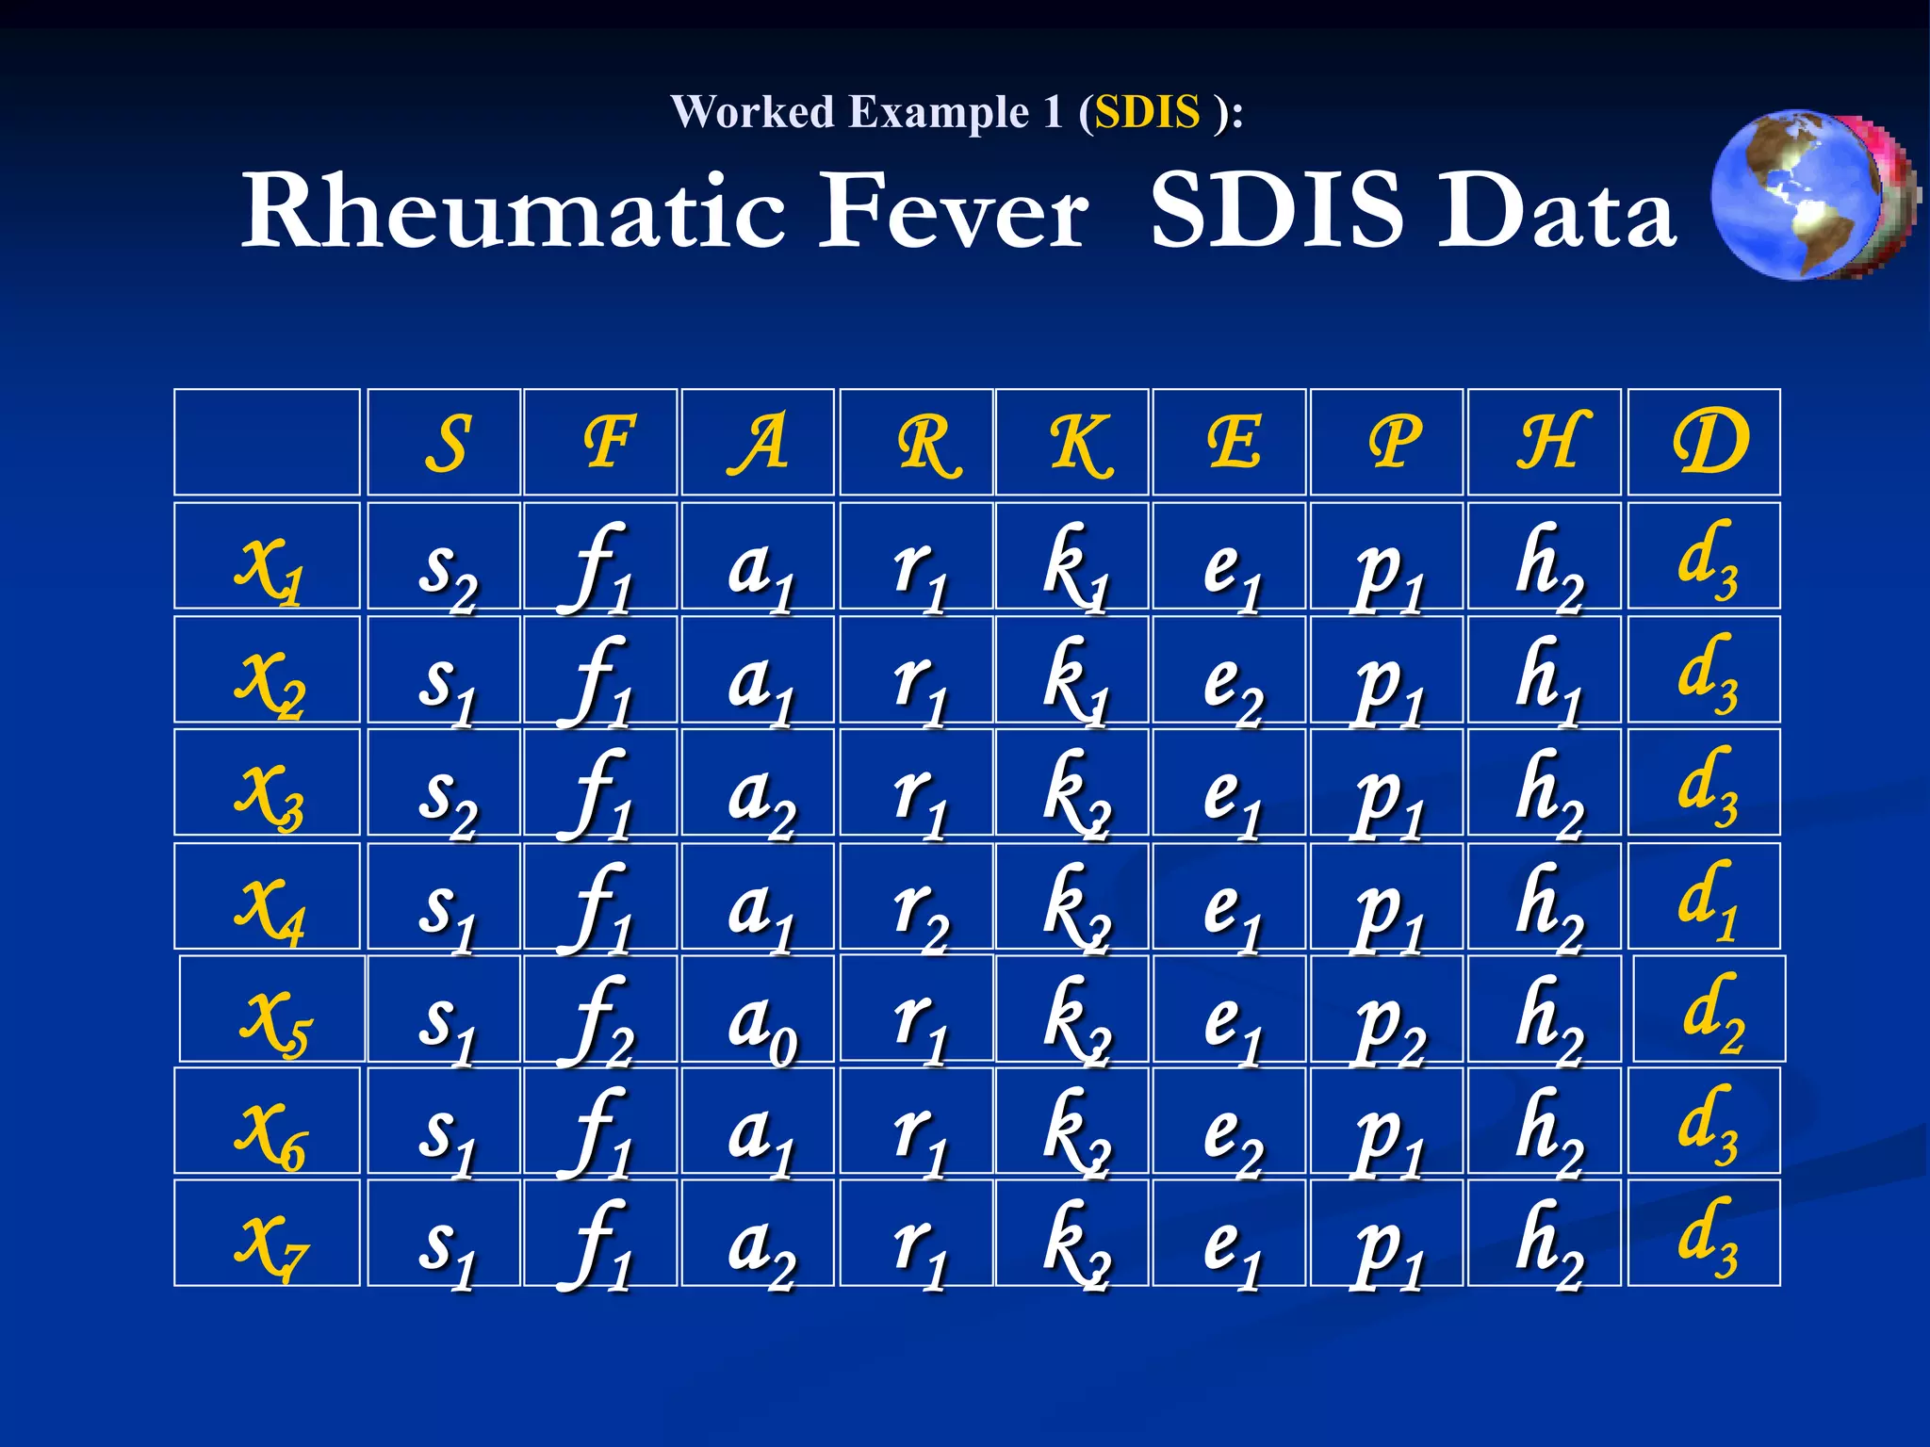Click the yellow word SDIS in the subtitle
(1146, 112)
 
